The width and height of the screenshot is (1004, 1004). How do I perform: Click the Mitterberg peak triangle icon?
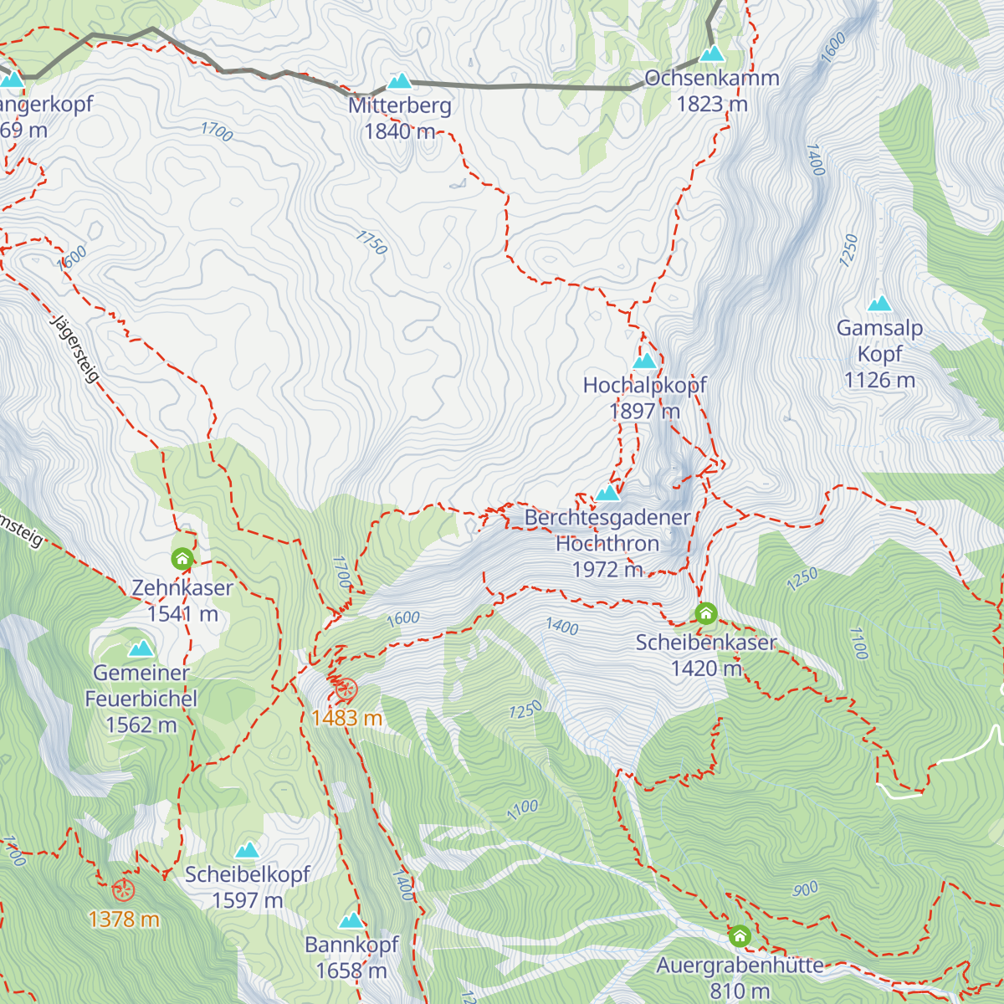pos(400,81)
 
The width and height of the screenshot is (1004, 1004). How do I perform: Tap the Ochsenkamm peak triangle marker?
pos(712,54)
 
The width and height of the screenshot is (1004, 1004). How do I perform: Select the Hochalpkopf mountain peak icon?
pos(645,361)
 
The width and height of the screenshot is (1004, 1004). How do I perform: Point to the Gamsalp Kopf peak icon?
pos(879,304)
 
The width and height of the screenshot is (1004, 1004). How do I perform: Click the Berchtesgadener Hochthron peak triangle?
pos(607,493)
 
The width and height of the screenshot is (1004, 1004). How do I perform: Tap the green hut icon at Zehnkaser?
pos(182,558)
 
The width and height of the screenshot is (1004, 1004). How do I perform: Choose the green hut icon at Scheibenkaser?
pos(706,614)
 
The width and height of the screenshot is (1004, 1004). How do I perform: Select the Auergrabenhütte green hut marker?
pos(740,935)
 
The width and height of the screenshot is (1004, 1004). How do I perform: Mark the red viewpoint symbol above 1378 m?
pos(124,890)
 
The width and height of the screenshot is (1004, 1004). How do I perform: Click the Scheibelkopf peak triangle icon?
pos(247,851)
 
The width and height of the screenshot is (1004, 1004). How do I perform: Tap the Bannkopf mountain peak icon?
pos(351,921)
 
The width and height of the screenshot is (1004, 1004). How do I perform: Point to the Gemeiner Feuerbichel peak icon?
pos(141,648)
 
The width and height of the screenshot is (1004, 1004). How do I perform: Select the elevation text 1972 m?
pos(607,570)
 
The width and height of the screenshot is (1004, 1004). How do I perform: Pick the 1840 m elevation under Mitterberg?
pos(399,131)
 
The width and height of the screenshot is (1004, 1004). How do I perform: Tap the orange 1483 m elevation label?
pos(346,718)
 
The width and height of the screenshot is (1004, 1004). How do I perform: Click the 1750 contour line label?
pos(371,243)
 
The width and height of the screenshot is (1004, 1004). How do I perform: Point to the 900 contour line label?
pos(806,889)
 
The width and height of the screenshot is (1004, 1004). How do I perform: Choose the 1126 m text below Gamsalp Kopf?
pos(879,381)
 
